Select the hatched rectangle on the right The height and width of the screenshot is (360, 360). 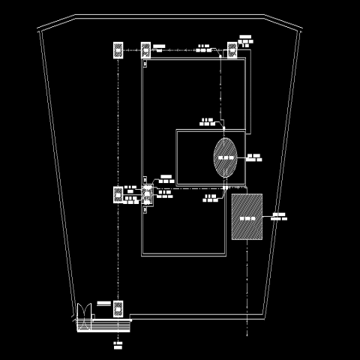click(x=247, y=217)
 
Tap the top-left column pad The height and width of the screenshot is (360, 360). click(x=118, y=50)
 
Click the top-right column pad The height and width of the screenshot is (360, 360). click(x=232, y=50)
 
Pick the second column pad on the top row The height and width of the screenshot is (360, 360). click(x=145, y=50)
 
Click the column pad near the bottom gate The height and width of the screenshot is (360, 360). click(x=118, y=308)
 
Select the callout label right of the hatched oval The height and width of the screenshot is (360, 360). click(x=254, y=157)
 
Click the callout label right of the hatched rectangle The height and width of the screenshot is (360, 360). click(x=279, y=217)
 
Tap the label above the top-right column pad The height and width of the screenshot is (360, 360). click(x=245, y=38)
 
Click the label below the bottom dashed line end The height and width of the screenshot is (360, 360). click(x=118, y=346)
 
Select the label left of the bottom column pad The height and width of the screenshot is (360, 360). click(x=103, y=304)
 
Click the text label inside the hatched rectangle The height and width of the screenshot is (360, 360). click(x=247, y=217)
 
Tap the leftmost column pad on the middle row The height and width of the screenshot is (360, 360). click(x=118, y=195)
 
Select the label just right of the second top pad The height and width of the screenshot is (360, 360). click(x=158, y=46)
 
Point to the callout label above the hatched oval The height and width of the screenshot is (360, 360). click(x=208, y=120)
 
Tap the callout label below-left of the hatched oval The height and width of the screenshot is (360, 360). click(x=210, y=198)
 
